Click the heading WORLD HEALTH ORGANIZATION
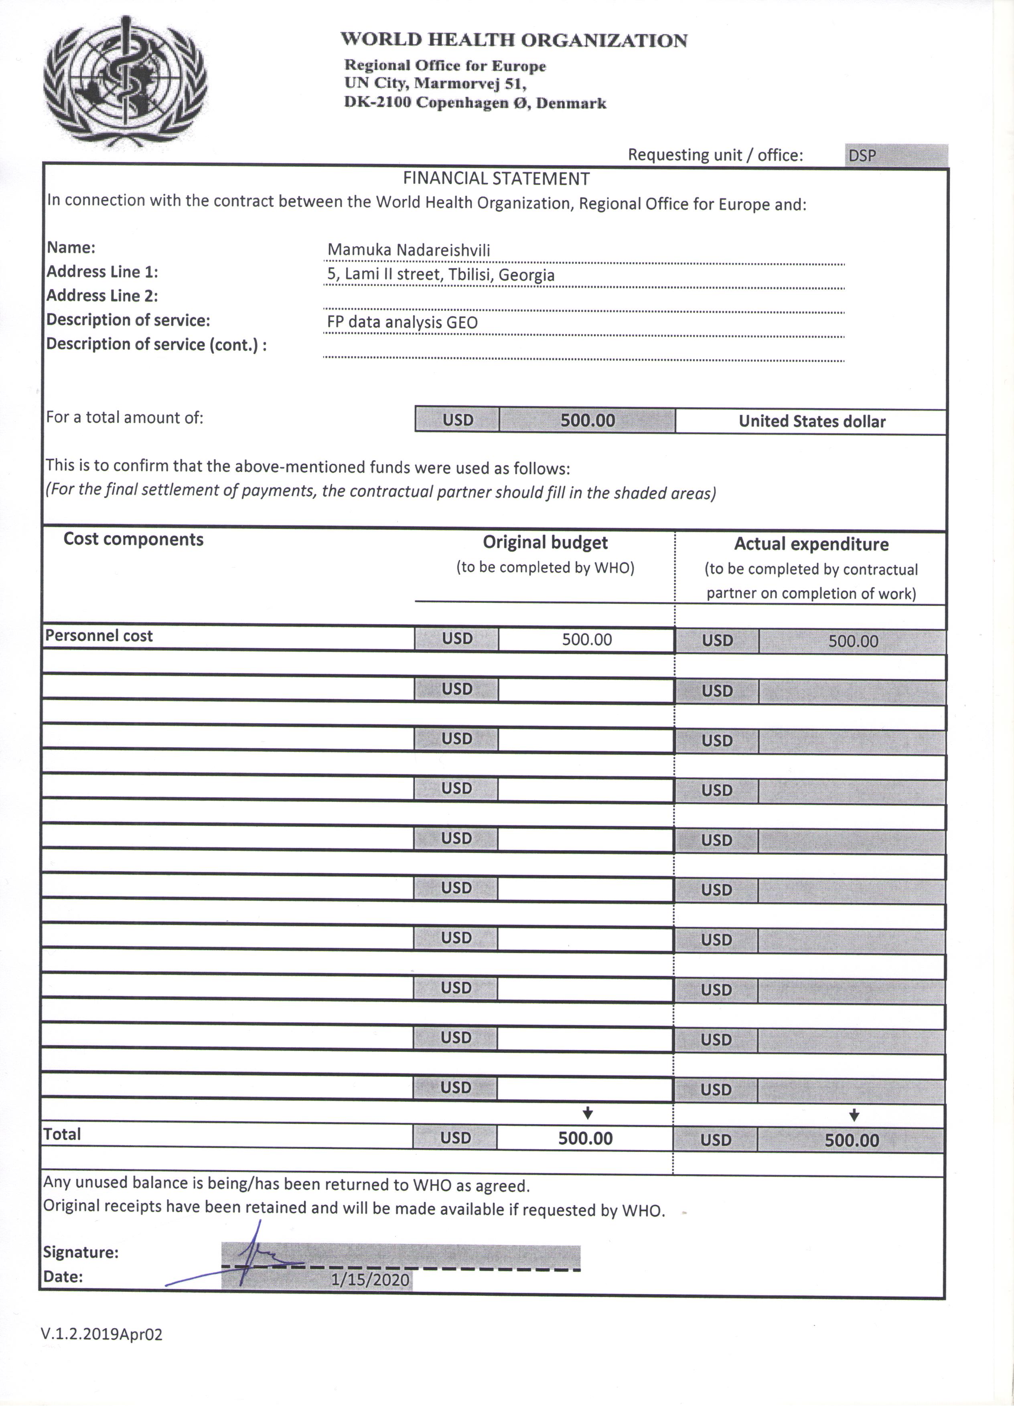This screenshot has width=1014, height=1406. (513, 40)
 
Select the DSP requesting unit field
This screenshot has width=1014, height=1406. (896, 155)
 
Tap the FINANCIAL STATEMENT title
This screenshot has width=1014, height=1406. (496, 178)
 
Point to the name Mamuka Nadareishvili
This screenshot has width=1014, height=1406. (409, 251)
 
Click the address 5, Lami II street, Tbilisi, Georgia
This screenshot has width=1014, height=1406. (441, 275)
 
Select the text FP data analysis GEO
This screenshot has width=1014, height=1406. (402, 322)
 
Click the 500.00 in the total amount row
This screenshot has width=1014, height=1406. (587, 420)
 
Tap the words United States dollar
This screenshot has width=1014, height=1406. (812, 421)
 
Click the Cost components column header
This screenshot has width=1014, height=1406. (133, 539)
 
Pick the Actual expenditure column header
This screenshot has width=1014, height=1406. (811, 544)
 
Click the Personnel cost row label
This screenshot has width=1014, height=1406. (99, 636)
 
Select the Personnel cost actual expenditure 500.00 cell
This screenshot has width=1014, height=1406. (853, 641)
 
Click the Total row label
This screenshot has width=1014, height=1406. (62, 1134)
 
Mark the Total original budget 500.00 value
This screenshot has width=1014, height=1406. (585, 1138)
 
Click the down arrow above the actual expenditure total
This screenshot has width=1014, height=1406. (854, 1115)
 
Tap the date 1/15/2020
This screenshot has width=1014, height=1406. (370, 1280)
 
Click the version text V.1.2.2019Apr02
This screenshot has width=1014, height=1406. (102, 1335)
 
